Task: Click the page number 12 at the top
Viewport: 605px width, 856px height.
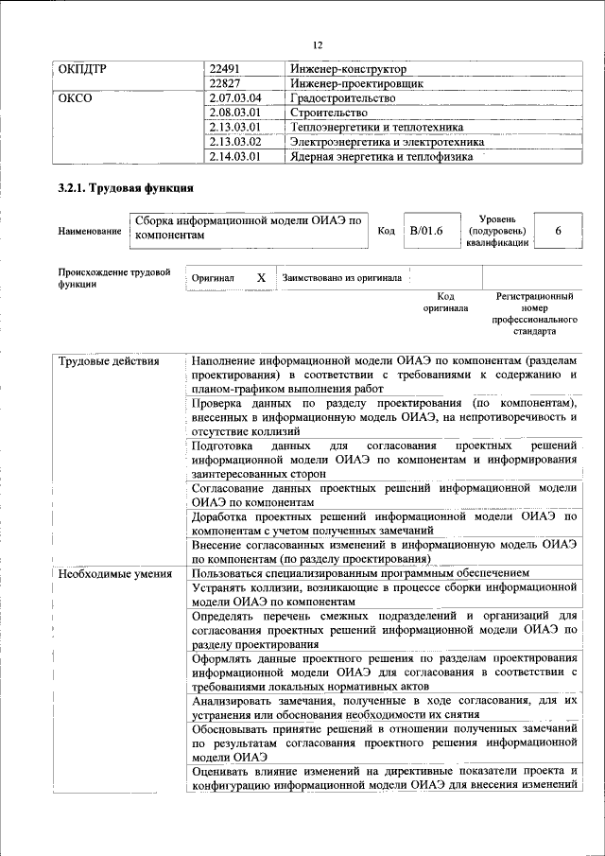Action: click(x=318, y=44)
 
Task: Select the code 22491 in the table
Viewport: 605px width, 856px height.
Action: click(x=226, y=69)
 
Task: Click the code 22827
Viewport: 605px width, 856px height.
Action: click(x=226, y=83)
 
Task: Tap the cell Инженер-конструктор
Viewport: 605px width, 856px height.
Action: click(x=349, y=69)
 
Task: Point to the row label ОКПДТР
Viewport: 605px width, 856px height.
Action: click(x=83, y=69)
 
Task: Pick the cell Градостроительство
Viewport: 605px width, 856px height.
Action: click(x=342, y=98)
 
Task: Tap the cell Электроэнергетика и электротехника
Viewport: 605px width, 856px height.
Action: click(x=388, y=142)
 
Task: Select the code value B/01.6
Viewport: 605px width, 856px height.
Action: click(x=425, y=231)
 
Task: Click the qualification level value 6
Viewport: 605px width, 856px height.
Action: click(x=558, y=231)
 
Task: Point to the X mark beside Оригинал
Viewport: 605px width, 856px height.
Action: click(x=261, y=278)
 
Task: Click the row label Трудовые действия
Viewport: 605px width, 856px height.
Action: click(x=109, y=361)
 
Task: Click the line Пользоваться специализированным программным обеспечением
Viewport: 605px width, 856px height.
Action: click(x=360, y=573)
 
